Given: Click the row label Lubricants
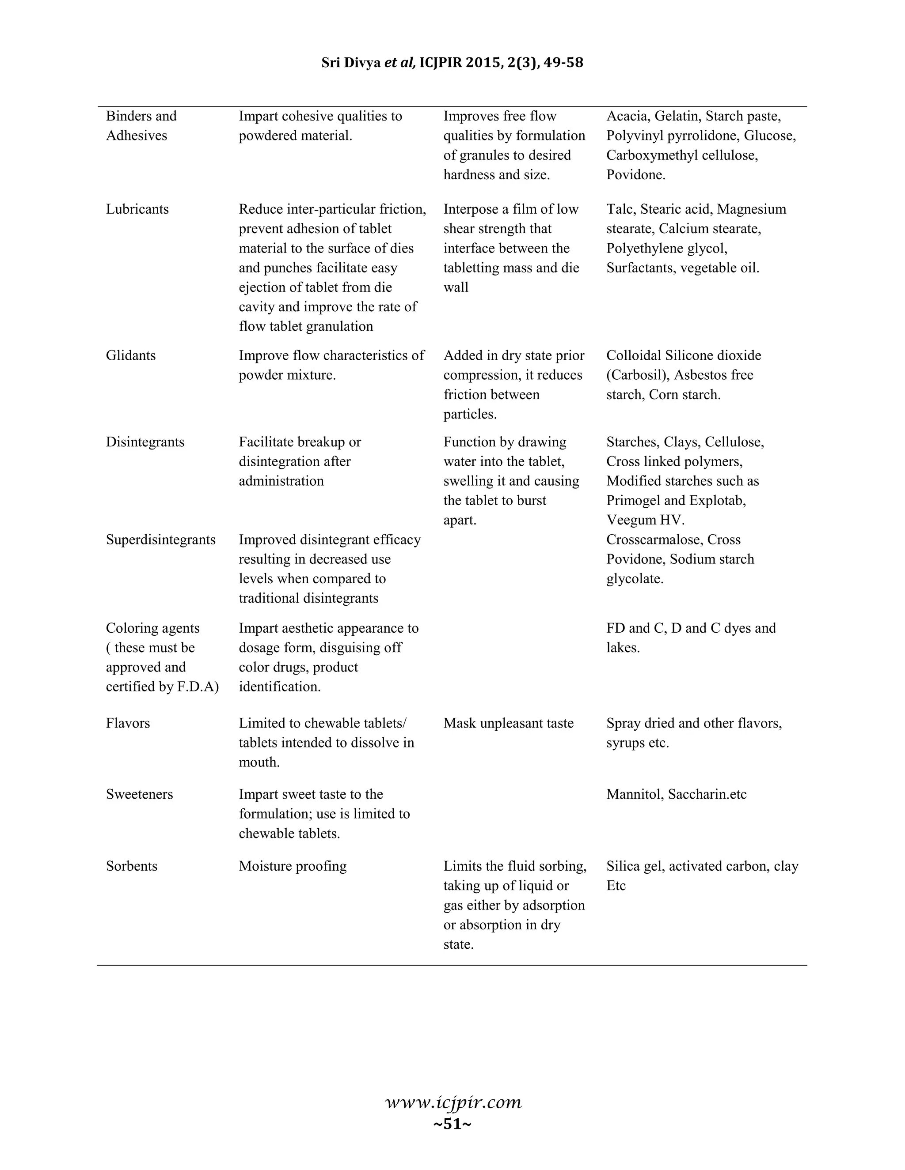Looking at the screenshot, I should click(137, 209).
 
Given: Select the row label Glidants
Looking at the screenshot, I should click(131, 355).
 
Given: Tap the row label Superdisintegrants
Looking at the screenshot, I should click(161, 540).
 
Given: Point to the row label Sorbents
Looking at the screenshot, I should click(131, 866).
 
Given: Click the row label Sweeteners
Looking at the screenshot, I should click(139, 794).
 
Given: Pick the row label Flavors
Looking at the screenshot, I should click(128, 723).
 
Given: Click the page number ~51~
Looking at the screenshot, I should click(452, 1124).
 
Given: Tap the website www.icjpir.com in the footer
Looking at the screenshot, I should click(453, 1102).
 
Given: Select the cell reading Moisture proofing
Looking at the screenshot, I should click(293, 866).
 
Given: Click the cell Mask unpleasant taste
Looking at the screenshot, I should click(508, 723).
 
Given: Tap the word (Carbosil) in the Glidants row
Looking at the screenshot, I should click(638, 375).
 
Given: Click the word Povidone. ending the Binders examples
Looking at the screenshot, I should click(636, 175).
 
